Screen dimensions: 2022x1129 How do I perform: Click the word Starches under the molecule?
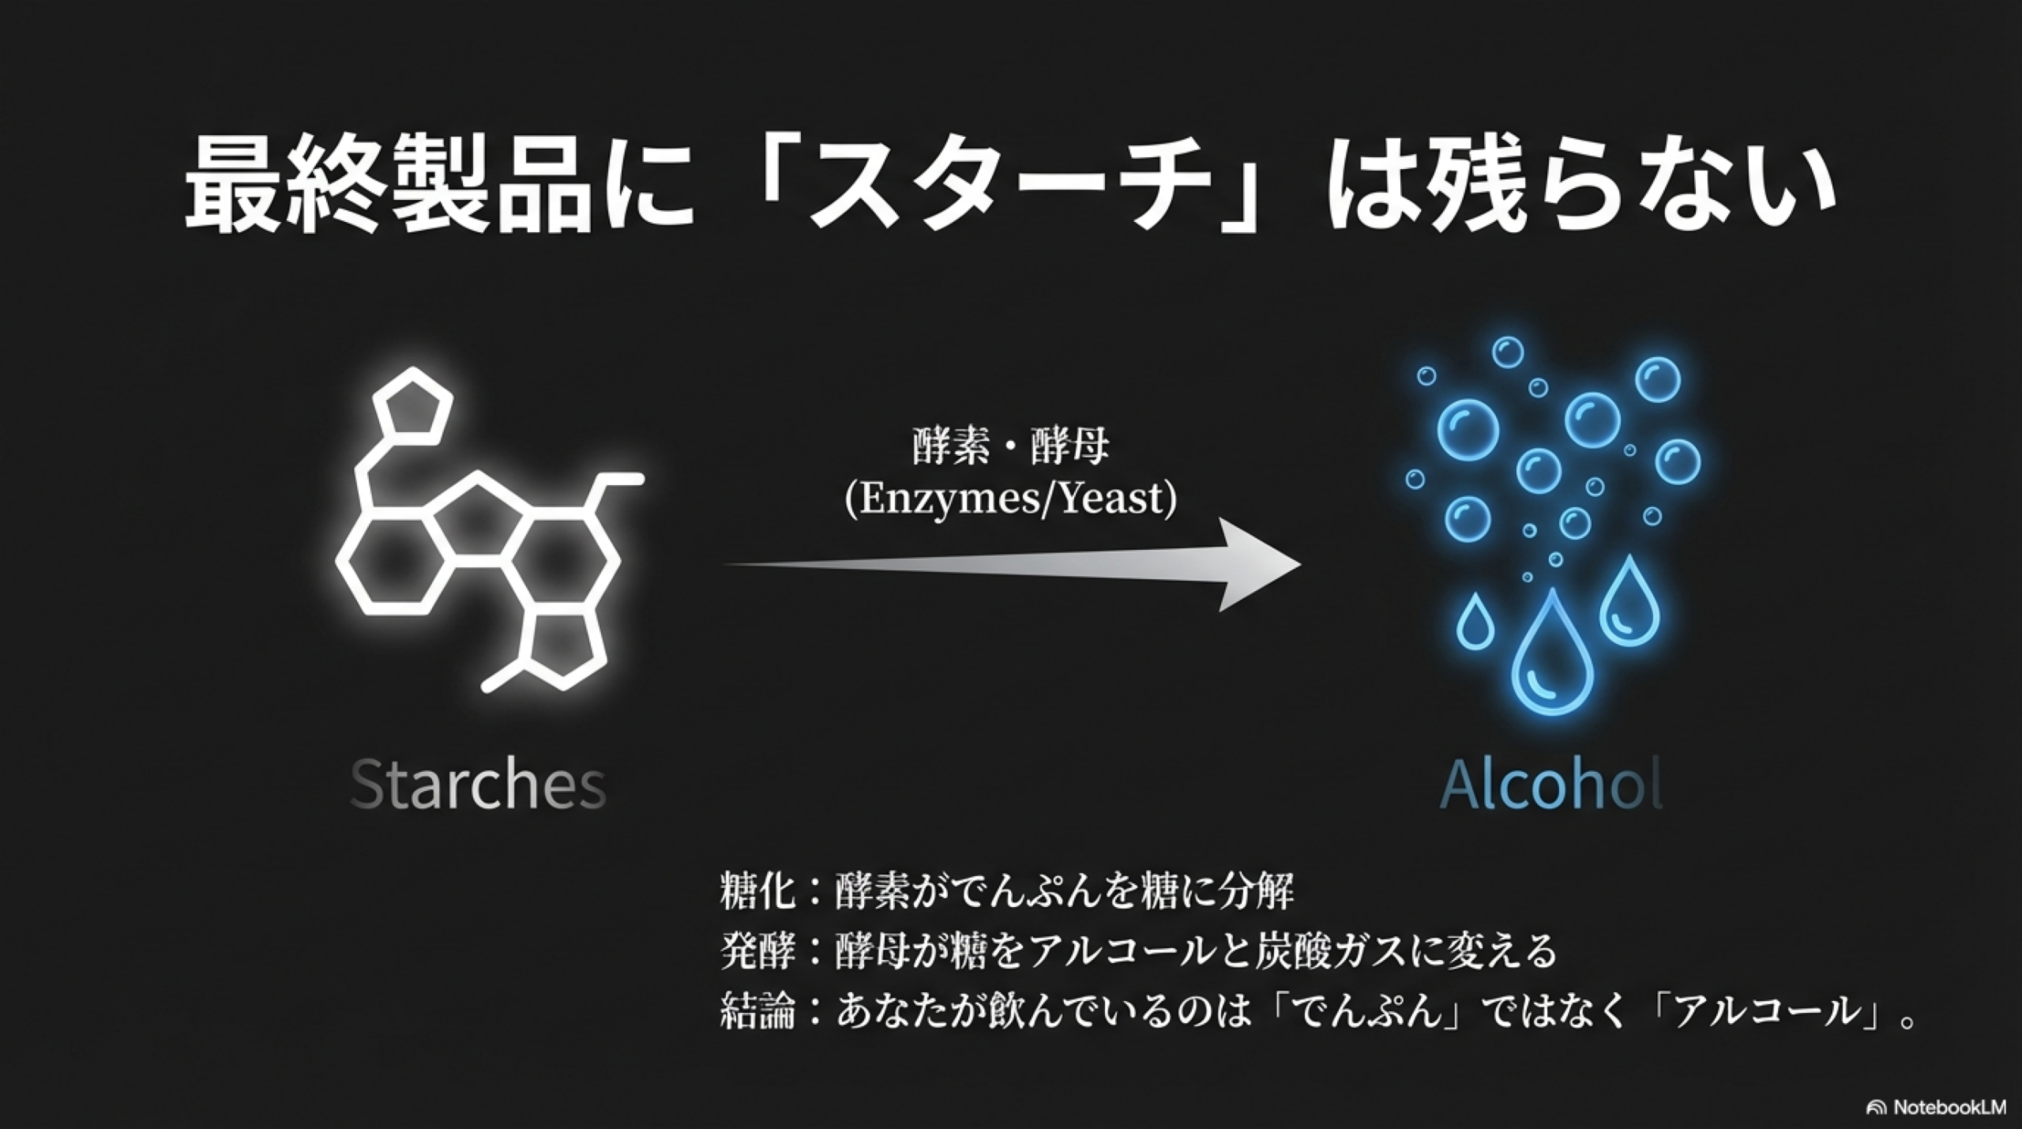478,784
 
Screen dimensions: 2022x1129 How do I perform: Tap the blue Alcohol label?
1552,784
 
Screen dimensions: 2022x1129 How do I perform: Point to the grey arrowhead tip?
1301,564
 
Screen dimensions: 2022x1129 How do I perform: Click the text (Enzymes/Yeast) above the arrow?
1010,499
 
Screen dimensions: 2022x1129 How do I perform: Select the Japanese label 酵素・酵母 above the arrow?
1010,447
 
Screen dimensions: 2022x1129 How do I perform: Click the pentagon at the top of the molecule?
412,411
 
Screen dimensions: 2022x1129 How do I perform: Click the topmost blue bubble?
1508,352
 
